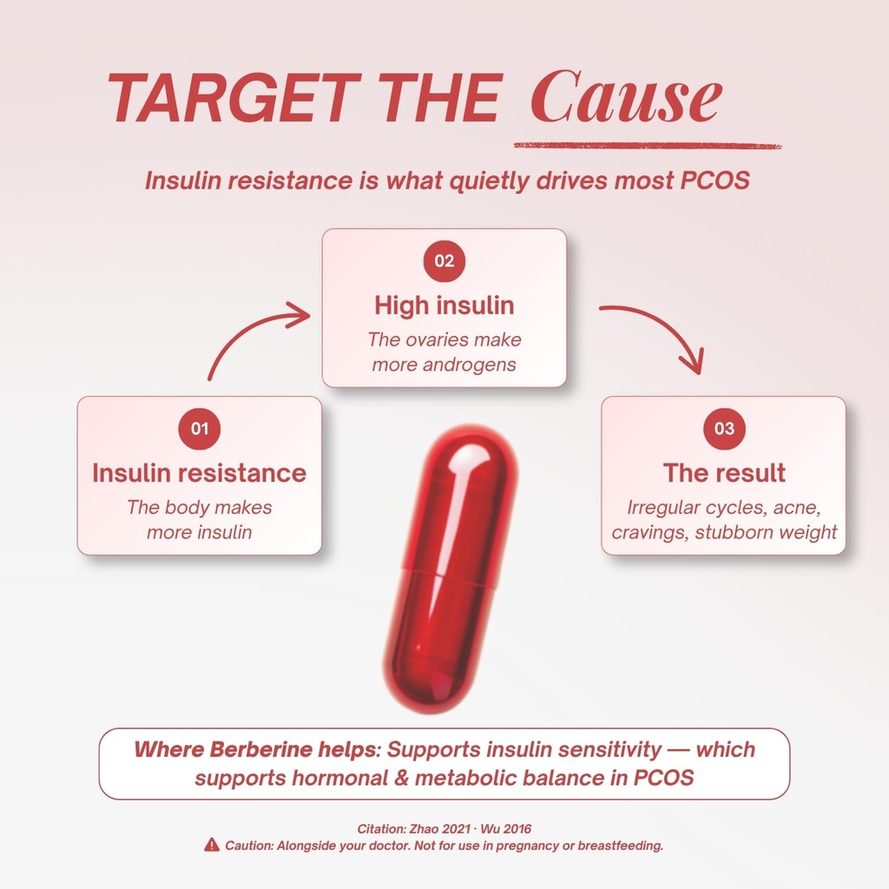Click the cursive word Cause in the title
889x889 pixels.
coord(626,96)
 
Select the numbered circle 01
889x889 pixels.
coord(199,429)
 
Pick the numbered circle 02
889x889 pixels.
coord(444,260)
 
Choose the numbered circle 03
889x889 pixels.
coord(724,429)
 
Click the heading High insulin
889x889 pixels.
coord(444,305)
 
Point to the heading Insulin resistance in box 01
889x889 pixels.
coord(199,473)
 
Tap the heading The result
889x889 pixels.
coord(724,473)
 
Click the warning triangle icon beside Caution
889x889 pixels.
coord(212,845)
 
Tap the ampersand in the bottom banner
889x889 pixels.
coord(401,777)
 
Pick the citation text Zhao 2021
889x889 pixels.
coord(439,829)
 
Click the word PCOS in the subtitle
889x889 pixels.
coord(715,181)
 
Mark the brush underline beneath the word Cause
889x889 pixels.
coord(648,146)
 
